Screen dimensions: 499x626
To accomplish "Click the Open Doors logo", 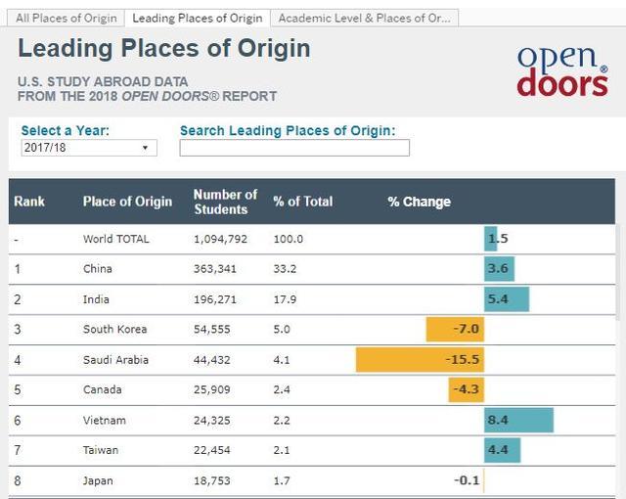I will [561, 69].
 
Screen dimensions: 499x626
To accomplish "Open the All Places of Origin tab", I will [67, 18].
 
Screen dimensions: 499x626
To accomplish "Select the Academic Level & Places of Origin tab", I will [364, 18].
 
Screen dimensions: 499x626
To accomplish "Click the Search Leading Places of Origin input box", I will [293, 148].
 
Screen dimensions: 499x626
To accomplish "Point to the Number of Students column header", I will [225, 202].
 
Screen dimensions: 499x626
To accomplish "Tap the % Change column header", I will [419, 202].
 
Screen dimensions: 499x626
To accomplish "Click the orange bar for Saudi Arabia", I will [420, 359].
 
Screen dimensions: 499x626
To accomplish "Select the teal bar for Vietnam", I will [518, 421].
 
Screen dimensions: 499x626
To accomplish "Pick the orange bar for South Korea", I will [455, 329].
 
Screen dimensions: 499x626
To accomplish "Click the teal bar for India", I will [507, 298].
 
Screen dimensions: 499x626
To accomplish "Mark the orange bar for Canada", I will [467, 389].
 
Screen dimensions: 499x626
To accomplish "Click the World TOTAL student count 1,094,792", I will [226, 239].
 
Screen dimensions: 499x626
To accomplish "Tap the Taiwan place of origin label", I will [101, 450].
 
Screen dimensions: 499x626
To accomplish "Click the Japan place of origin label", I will [98, 480].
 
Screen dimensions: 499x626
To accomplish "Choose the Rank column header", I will [29, 202].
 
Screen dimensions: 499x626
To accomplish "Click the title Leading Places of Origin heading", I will [164, 48].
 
